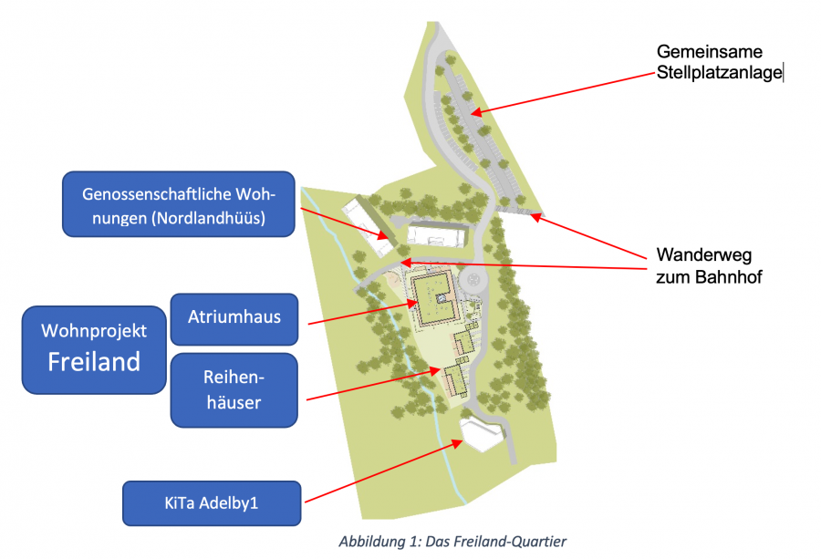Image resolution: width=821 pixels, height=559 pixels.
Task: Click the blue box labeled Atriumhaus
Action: pos(234,318)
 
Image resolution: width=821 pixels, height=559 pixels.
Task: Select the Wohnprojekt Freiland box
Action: pos(94,348)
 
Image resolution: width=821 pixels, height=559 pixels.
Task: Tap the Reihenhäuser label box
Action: pos(234,389)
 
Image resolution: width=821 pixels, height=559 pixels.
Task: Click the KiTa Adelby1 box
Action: pos(211,502)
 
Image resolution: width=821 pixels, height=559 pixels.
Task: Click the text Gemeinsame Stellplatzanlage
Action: pos(719,63)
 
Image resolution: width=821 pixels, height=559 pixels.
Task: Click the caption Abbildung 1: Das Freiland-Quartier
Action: pos(452,542)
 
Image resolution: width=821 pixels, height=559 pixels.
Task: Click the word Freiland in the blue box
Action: pos(94,361)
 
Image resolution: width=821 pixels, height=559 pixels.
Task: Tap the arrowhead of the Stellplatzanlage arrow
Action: pos(473,113)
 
